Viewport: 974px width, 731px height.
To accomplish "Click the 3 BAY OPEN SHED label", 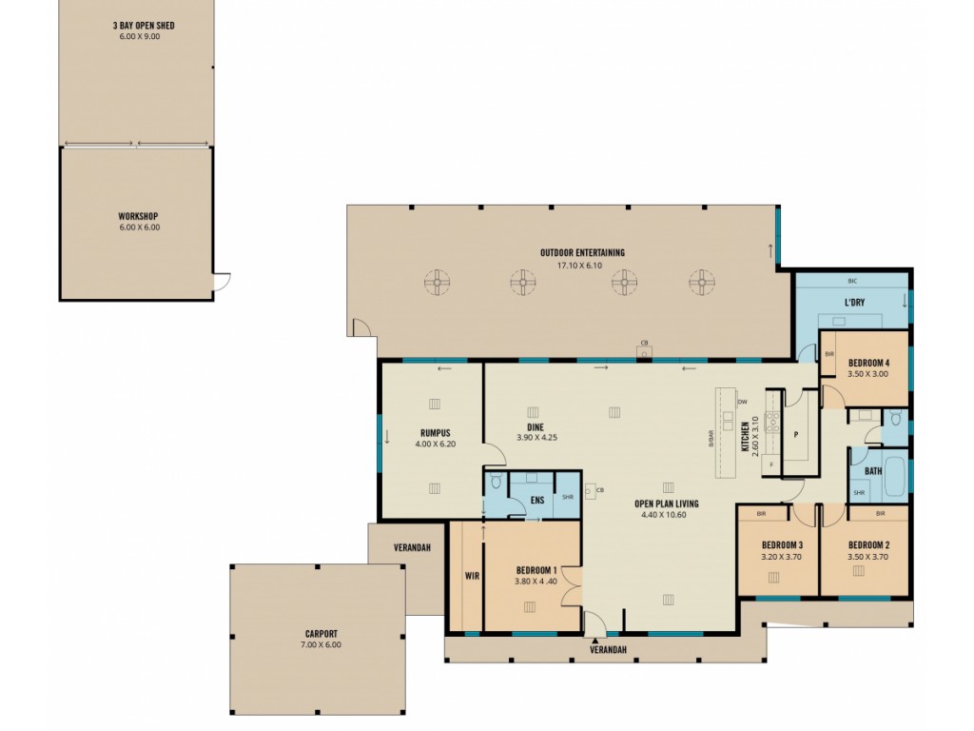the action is click(x=144, y=26).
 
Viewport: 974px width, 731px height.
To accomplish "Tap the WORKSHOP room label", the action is click(x=138, y=216).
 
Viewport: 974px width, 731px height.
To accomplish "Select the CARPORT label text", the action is click(x=321, y=634).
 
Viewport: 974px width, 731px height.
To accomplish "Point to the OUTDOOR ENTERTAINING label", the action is click(x=582, y=252).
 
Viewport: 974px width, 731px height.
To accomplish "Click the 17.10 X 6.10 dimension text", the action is click(x=579, y=266).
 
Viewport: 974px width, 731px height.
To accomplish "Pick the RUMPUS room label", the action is click(x=435, y=433).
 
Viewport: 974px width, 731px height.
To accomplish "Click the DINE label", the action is click(x=536, y=427).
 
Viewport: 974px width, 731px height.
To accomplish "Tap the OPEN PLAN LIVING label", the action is click(x=667, y=504).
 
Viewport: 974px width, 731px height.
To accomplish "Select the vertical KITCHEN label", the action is click(x=745, y=436).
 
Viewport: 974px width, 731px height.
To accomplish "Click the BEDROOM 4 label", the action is click(x=869, y=363).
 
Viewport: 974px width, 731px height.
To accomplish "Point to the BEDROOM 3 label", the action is click(x=782, y=545).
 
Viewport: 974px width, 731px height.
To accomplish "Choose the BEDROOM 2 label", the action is click(x=869, y=545).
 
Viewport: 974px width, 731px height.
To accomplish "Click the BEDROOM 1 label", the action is click(x=536, y=570).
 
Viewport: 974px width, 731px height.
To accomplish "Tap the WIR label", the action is click(x=472, y=576).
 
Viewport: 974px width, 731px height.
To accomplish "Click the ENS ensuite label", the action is click(x=537, y=501).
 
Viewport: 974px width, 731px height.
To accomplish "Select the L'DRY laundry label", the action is click(x=854, y=303).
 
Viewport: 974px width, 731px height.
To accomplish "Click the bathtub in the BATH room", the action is click(x=896, y=477).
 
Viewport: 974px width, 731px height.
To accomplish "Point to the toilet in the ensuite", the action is click(x=495, y=482).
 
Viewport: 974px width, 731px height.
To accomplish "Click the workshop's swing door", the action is click(x=222, y=281).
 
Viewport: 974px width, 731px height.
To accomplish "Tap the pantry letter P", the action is click(x=796, y=435).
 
